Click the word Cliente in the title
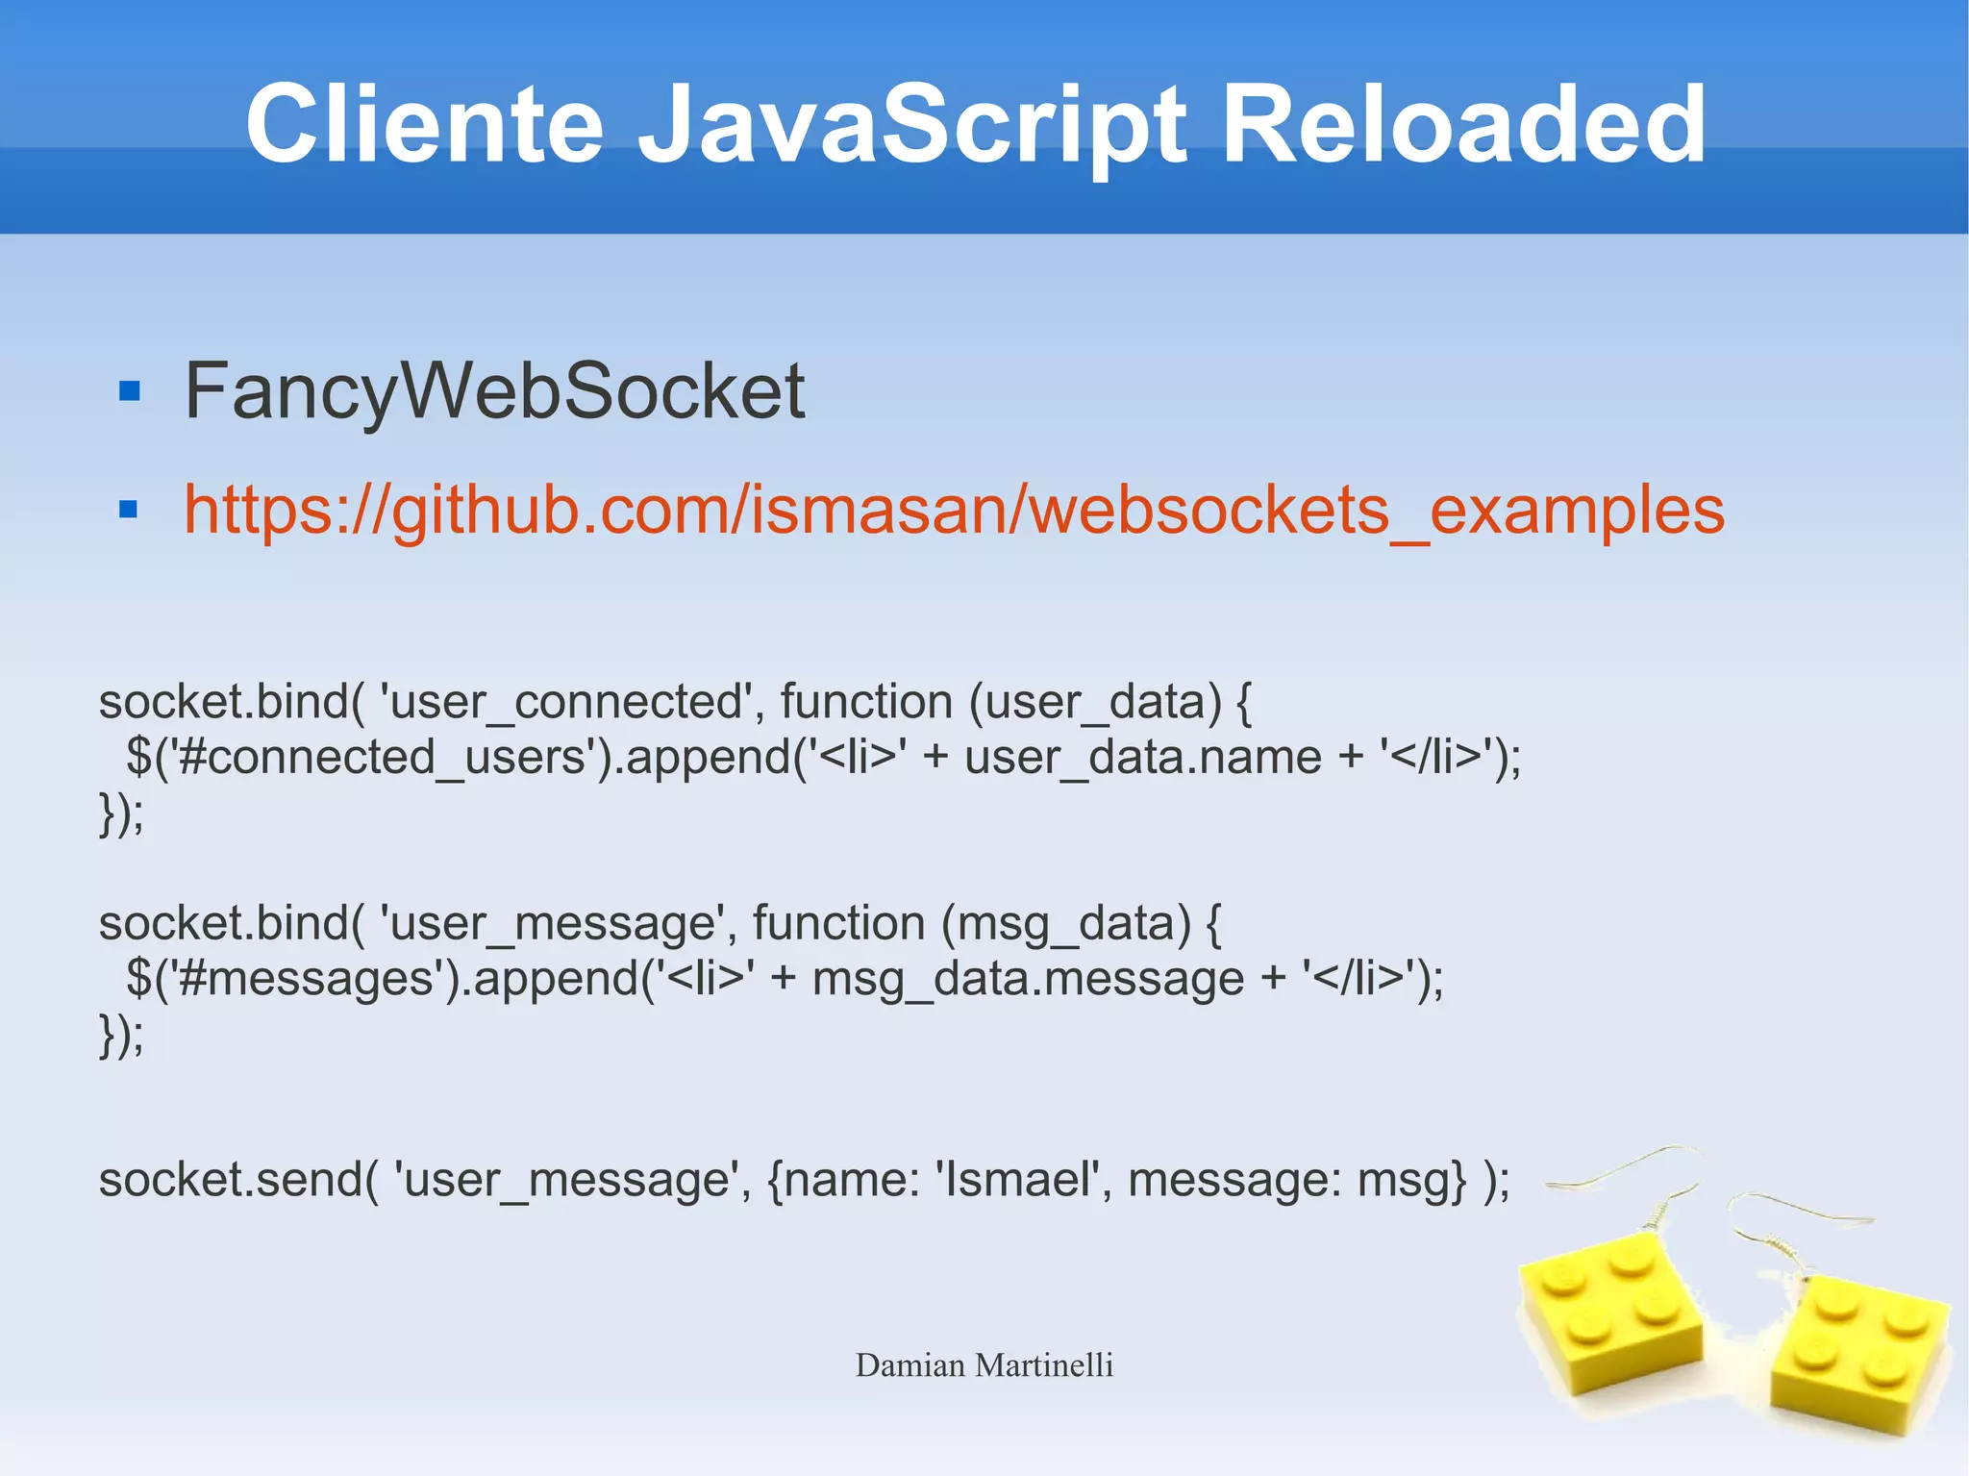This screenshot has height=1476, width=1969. click(x=424, y=125)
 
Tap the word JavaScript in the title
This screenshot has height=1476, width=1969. click(x=912, y=125)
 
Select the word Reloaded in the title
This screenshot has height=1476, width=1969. click(x=1462, y=125)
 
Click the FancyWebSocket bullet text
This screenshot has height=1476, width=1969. click(x=494, y=390)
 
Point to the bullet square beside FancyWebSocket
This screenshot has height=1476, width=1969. click(x=129, y=391)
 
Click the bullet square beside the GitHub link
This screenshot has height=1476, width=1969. click(x=129, y=509)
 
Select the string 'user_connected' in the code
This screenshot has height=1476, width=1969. click(x=566, y=702)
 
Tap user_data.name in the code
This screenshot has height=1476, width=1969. click(x=1142, y=758)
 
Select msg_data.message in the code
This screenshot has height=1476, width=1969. click(x=1028, y=980)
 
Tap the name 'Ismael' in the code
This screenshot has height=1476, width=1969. click(x=1017, y=1180)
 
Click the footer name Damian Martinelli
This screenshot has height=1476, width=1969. click(x=984, y=1365)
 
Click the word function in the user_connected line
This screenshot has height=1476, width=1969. click(x=865, y=702)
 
